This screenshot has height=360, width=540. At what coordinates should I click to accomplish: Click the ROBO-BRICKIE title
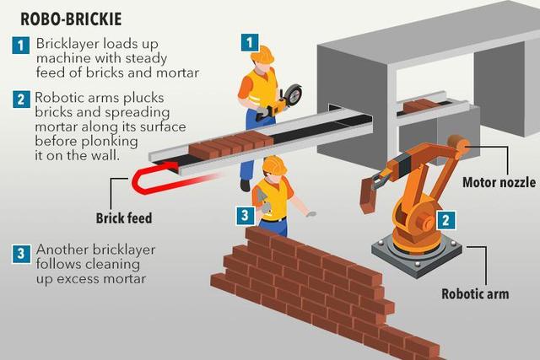tap(71, 19)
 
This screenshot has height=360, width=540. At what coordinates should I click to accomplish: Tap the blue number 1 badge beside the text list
tap(20, 45)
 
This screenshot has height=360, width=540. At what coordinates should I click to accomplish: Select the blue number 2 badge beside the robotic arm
tap(445, 220)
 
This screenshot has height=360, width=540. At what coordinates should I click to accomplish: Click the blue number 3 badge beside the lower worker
tap(246, 216)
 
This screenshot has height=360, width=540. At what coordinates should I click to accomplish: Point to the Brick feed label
tap(124, 218)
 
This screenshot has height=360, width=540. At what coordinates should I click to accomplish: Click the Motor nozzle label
tap(499, 182)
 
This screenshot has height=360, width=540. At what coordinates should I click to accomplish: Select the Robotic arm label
tap(475, 294)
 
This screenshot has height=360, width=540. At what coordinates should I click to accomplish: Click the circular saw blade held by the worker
tap(293, 94)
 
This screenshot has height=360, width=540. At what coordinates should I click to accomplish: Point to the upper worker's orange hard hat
tap(262, 54)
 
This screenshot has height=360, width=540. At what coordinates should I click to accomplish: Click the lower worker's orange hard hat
tap(274, 165)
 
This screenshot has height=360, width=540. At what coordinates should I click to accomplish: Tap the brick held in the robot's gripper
tap(367, 195)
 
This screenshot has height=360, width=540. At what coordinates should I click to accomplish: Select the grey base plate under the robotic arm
tap(417, 256)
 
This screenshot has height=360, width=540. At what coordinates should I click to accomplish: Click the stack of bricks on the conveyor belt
tap(230, 144)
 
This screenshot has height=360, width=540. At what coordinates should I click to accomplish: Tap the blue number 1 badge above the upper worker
tap(250, 43)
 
